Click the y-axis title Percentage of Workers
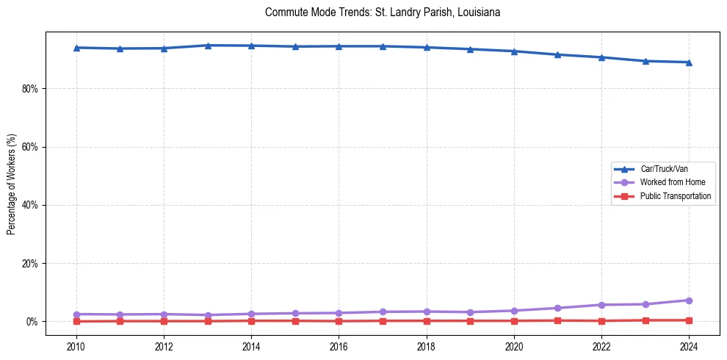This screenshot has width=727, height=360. pos(11,184)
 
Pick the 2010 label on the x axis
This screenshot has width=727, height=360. pos(76,345)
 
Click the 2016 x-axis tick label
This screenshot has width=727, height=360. pos(339,345)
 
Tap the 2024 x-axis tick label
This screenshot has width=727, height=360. pos(689,345)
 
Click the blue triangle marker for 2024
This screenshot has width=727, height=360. pos(689,62)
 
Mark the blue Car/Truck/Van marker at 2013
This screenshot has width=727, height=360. pos(208,46)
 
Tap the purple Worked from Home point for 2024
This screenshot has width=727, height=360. pos(689,300)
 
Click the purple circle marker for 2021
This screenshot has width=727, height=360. pos(557,308)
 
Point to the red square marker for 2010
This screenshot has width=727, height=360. pos(76,321)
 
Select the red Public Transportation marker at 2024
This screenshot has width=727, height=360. pos(689,320)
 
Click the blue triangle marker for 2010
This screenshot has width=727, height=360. pos(76,48)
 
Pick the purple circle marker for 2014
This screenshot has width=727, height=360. pos(251,314)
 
